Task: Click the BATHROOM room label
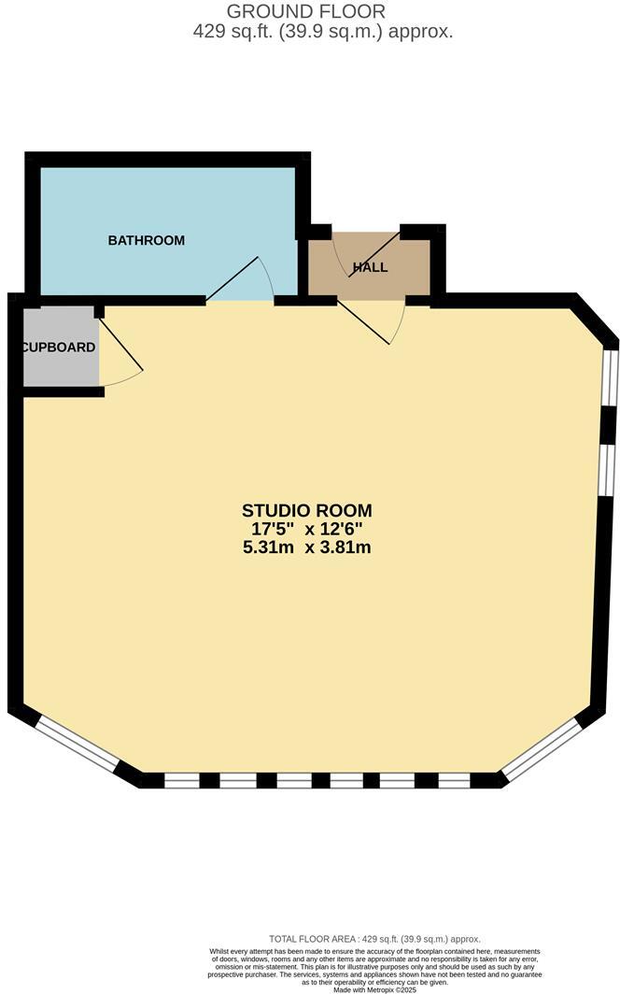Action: click(147, 240)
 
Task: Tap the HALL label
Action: click(370, 268)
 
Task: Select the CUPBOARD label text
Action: click(58, 348)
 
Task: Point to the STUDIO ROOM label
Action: click(307, 510)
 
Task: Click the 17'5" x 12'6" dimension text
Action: click(307, 529)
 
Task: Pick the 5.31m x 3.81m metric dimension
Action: click(307, 547)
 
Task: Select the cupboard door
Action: click(120, 345)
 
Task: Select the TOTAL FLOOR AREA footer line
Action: click(373, 938)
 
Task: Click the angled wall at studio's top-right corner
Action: click(596, 321)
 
